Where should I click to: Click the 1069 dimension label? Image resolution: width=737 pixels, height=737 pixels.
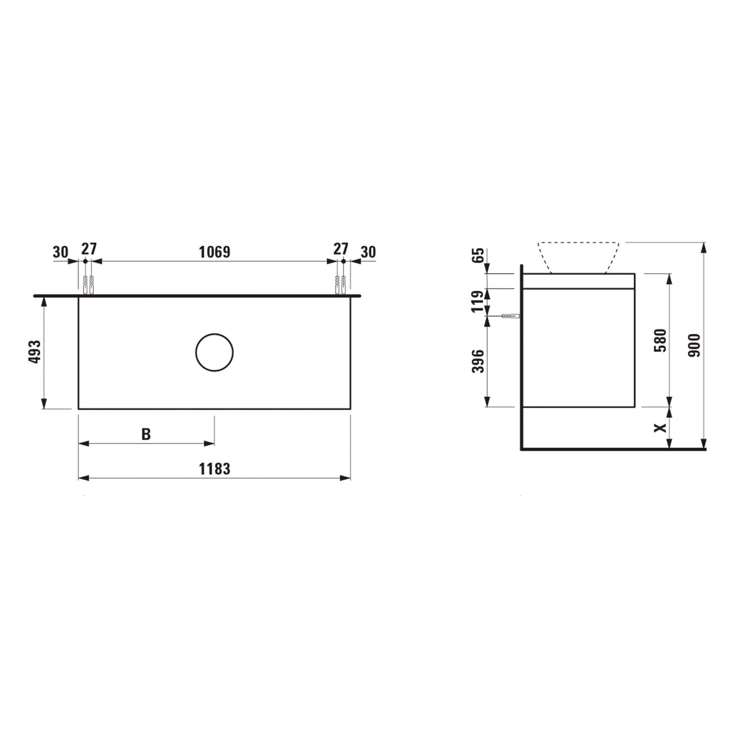point(214,252)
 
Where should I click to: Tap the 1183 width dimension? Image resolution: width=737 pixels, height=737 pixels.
point(214,469)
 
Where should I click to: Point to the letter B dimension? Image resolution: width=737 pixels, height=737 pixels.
point(146,434)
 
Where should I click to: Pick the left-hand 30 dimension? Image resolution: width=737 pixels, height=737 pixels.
point(60,252)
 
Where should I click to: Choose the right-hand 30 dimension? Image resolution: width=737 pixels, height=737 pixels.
point(368,252)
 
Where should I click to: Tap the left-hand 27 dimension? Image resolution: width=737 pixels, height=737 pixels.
point(89,249)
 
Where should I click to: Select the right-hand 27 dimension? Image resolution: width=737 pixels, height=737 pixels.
point(340,249)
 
